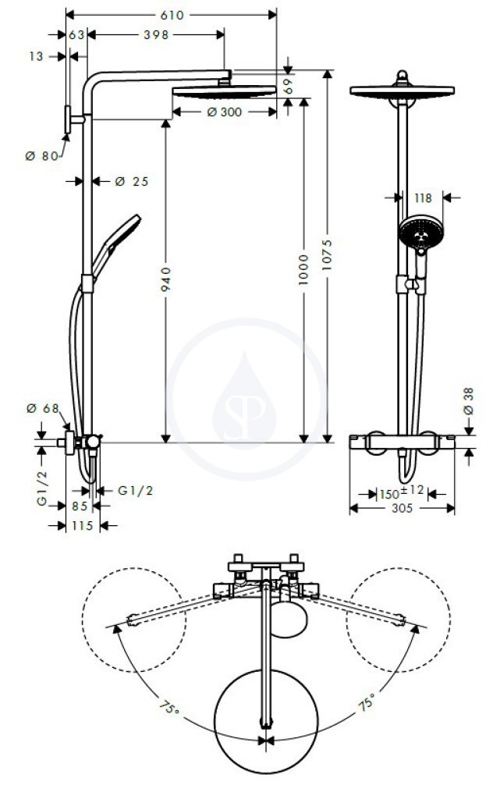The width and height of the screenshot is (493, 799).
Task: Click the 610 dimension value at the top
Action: click(172, 16)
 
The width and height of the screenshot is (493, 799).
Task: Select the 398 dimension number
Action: click(156, 34)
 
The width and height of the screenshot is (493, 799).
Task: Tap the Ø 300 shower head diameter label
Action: click(225, 112)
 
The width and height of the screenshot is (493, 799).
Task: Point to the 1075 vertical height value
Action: click(327, 254)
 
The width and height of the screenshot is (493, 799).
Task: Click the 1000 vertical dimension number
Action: click(303, 269)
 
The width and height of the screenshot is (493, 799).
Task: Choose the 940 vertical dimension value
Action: click(166, 279)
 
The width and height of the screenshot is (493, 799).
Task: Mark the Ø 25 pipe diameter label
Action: click(131, 181)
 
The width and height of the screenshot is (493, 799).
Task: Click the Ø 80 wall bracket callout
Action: click(42, 156)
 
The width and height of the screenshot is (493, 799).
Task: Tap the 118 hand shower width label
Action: click(423, 197)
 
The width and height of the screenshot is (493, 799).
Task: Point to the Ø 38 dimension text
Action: click(468, 401)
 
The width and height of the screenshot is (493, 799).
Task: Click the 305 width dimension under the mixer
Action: click(402, 508)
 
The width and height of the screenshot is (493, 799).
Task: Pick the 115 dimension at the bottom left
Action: click(83, 525)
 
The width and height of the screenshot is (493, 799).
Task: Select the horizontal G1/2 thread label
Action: click(136, 491)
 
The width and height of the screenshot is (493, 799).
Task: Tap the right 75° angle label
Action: click(367, 702)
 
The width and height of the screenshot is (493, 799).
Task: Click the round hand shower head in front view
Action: click(420, 232)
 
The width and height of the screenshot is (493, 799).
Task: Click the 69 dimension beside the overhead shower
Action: click(289, 85)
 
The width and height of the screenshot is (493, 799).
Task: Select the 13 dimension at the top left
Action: click(36, 56)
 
